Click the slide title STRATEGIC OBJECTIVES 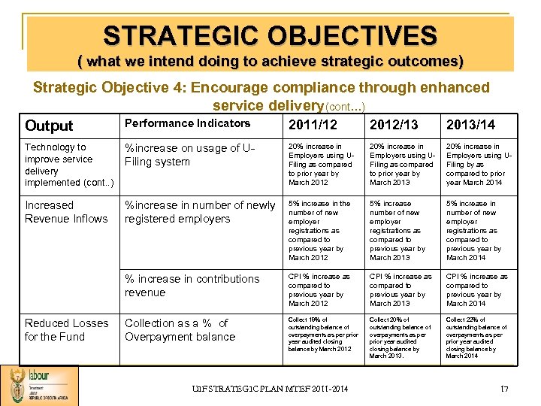(270, 35)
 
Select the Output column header (49, 126)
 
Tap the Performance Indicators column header (187, 123)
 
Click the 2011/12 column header (313, 124)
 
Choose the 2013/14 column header (471, 124)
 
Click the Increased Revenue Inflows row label (66, 212)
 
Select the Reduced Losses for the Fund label (66, 330)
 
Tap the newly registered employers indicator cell (200, 212)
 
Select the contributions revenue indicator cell (192, 286)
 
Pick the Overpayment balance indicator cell (180, 330)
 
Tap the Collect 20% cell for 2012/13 (400, 338)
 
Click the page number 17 (505, 389)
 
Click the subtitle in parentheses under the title (270, 60)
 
